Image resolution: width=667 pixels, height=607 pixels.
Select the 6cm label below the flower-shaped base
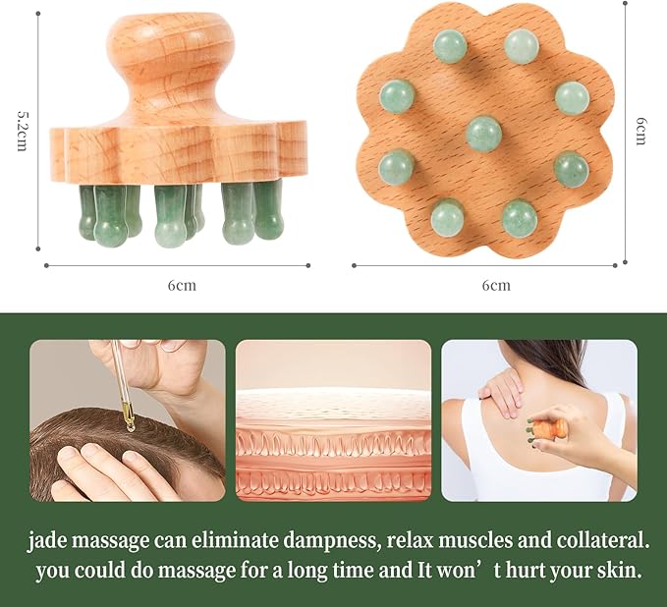tap(496, 285)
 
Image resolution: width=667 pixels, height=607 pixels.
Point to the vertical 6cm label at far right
tap(640, 132)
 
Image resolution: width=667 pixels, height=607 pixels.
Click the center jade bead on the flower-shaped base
tap(483, 133)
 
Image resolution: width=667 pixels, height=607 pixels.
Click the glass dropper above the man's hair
tap(124, 384)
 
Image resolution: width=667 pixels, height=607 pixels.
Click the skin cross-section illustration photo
tap(333, 420)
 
